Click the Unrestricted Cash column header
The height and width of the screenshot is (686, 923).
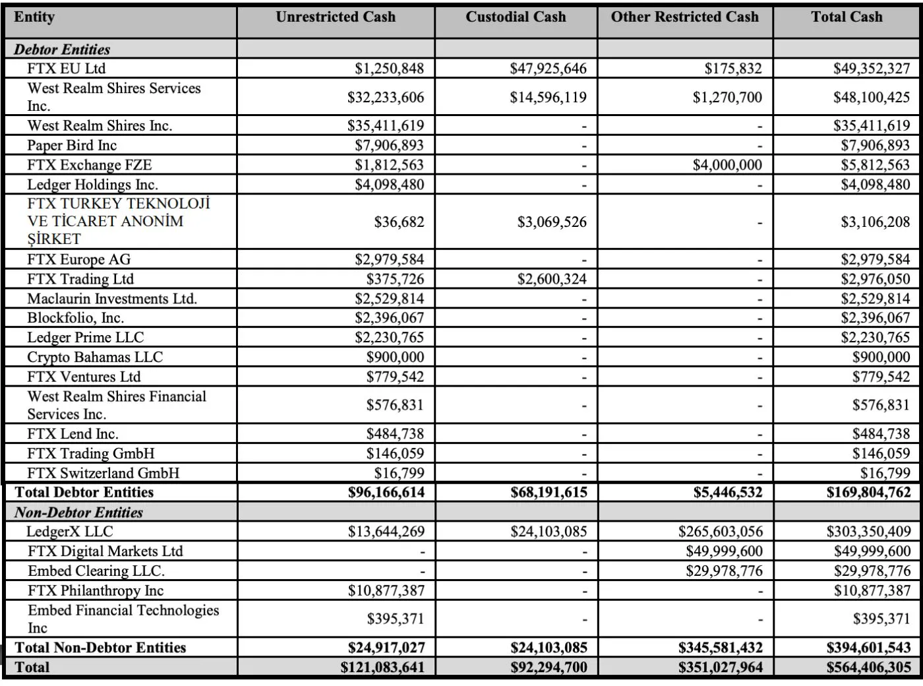(x=336, y=17)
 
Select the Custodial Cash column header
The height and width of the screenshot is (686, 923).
(x=516, y=17)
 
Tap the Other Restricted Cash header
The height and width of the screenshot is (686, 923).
(x=684, y=17)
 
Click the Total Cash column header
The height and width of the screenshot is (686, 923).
(x=847, y=17)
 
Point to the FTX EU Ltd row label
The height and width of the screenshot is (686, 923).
(x=66, y=69)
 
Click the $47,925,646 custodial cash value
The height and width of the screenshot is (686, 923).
(x=548, y=69)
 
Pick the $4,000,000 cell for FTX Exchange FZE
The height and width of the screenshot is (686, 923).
(x=727, y=165)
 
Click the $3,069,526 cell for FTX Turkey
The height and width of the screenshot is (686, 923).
(x=552, y=222)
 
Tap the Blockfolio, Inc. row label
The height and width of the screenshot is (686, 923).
(x=75, y=318)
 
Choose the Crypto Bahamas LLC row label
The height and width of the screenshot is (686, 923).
(x=94, y=358)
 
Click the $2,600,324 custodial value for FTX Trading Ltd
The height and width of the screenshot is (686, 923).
(x=552, y=279)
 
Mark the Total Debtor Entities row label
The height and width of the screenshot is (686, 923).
(x=84, y=492)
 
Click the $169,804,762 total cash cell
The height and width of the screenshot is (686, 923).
(x=868, y=492)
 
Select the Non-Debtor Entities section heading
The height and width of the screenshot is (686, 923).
(x=78, y=513)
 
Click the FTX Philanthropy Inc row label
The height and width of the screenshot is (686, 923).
(x=95, y=590)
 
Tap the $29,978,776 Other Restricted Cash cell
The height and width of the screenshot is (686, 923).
(x=724, y=571)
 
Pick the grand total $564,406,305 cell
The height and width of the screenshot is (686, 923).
(x=868, y=668)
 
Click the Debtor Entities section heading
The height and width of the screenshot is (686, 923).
(x=62, y=49)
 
